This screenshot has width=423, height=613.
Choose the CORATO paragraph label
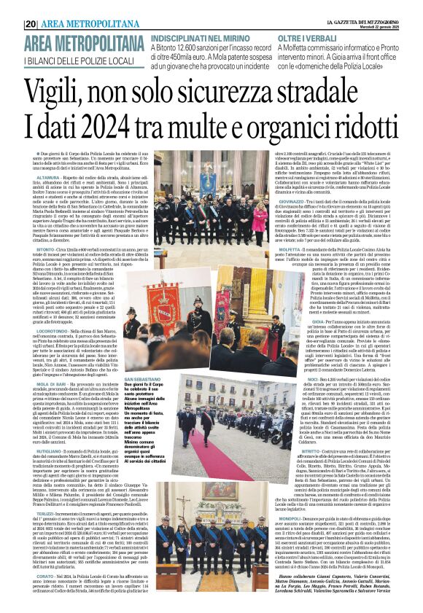(x=47, y=574)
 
